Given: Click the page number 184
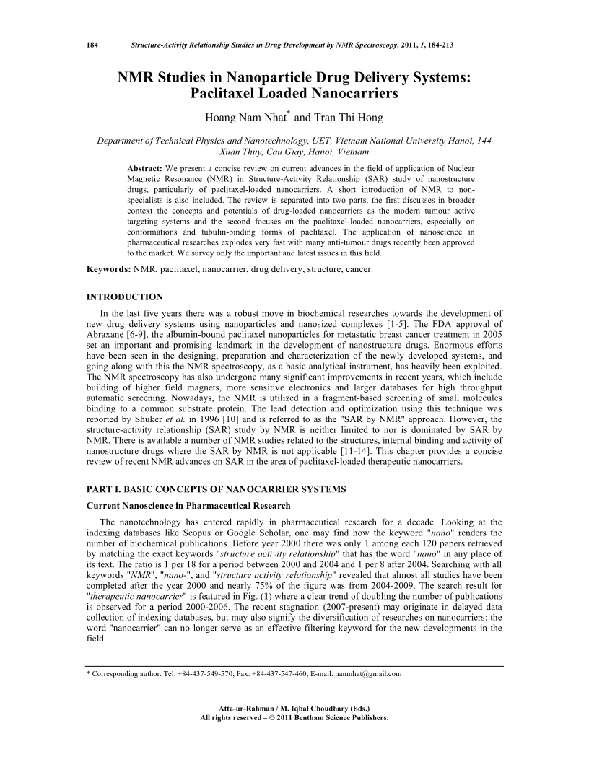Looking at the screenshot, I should click(x=92, y=45).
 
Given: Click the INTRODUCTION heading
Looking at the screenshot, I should click(x=124, y=297).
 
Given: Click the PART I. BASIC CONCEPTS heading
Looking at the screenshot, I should click(x=216, y=490).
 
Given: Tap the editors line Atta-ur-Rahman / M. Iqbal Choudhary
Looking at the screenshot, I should click(x=294, y=709).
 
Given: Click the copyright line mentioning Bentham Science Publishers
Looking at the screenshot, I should click(x=294, y=718).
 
